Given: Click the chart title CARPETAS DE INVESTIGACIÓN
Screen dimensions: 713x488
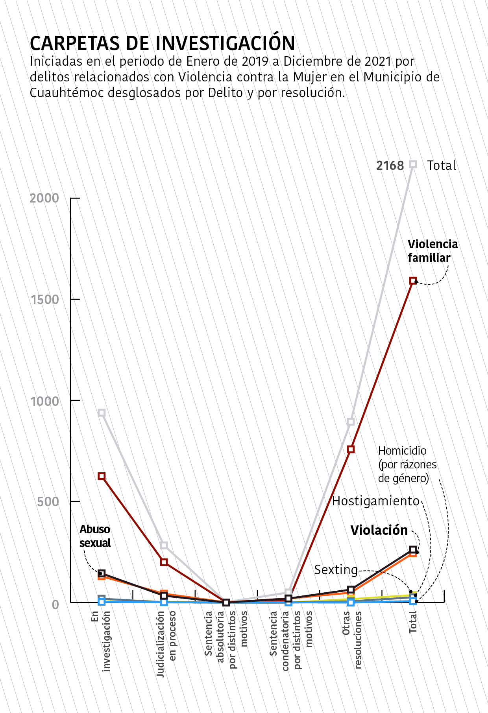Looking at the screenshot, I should [162, 43].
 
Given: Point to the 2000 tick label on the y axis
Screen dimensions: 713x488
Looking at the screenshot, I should [44, 198].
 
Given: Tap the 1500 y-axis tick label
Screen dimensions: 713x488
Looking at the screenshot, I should [44, 299].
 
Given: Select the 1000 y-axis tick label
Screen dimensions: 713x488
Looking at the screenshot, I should [44, 401].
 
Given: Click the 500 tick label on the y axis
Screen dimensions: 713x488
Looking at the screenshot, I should [48, 502].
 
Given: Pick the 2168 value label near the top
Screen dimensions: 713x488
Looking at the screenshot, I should [390, 166].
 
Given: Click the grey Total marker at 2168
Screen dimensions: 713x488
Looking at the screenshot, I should [413, 164].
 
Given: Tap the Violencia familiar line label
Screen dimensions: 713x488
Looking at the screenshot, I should [433, 251].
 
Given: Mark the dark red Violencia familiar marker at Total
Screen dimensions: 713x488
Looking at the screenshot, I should [413, 281].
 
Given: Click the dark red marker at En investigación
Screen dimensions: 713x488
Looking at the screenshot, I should [102, 476].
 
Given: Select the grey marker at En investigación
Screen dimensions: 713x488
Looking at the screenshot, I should [102, 413].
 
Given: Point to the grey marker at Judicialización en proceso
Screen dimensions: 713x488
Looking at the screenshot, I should [164, 545].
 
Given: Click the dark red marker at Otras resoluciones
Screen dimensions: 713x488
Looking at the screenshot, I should [351, 449].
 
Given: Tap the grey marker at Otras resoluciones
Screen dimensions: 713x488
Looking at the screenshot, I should [351, 422].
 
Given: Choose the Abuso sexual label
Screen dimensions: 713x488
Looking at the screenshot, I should [95, 536].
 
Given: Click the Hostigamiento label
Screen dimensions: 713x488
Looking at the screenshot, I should [376, 501].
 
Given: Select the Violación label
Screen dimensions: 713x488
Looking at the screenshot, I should [379, 530].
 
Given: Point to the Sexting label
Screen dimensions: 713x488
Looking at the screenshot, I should [336, 569].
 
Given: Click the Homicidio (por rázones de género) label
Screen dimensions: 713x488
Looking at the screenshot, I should [407, 464].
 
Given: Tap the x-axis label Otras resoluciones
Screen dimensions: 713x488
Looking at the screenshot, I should [352, 639].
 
